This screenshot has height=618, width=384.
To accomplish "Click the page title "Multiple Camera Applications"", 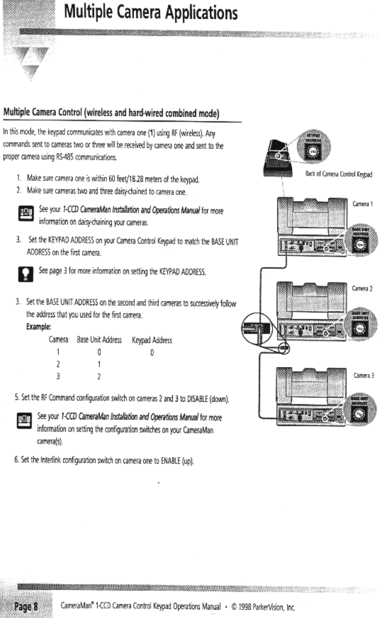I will coord(151,13).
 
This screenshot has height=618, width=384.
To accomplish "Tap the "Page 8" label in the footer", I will coord(26,605).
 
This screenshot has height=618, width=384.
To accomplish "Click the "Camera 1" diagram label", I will coord(362,204).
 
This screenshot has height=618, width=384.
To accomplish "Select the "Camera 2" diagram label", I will coord(362,288).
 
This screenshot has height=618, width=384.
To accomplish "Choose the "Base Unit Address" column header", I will coord(99,340).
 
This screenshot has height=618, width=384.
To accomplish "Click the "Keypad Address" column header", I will coord(152,340).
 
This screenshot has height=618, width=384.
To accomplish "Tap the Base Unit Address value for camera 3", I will coord(99,377).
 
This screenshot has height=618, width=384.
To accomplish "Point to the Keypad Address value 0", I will coord(152,353).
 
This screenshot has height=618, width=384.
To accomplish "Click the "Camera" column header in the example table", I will coord(59,340).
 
